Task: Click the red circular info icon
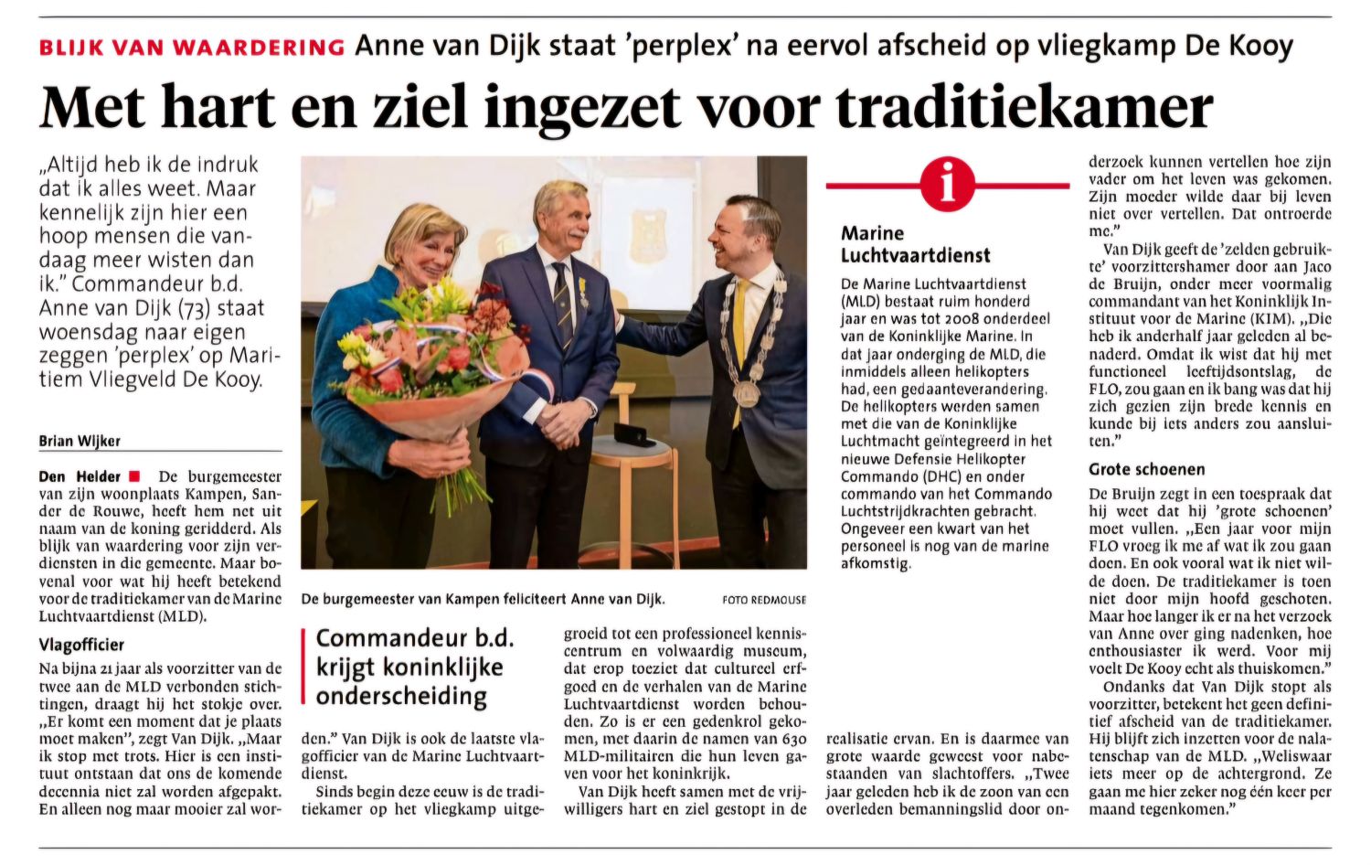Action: (948, 186)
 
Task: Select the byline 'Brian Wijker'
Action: (80, 441)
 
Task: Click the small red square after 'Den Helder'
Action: (134, 475)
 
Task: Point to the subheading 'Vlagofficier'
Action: (81, 646)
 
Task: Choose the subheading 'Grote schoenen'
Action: (1146, 470)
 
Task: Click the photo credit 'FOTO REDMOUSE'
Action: (763, 600)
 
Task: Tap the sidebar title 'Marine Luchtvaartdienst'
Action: (915, 244)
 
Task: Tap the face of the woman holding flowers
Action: (427, 249)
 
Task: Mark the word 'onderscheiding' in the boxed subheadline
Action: (401, 697)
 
